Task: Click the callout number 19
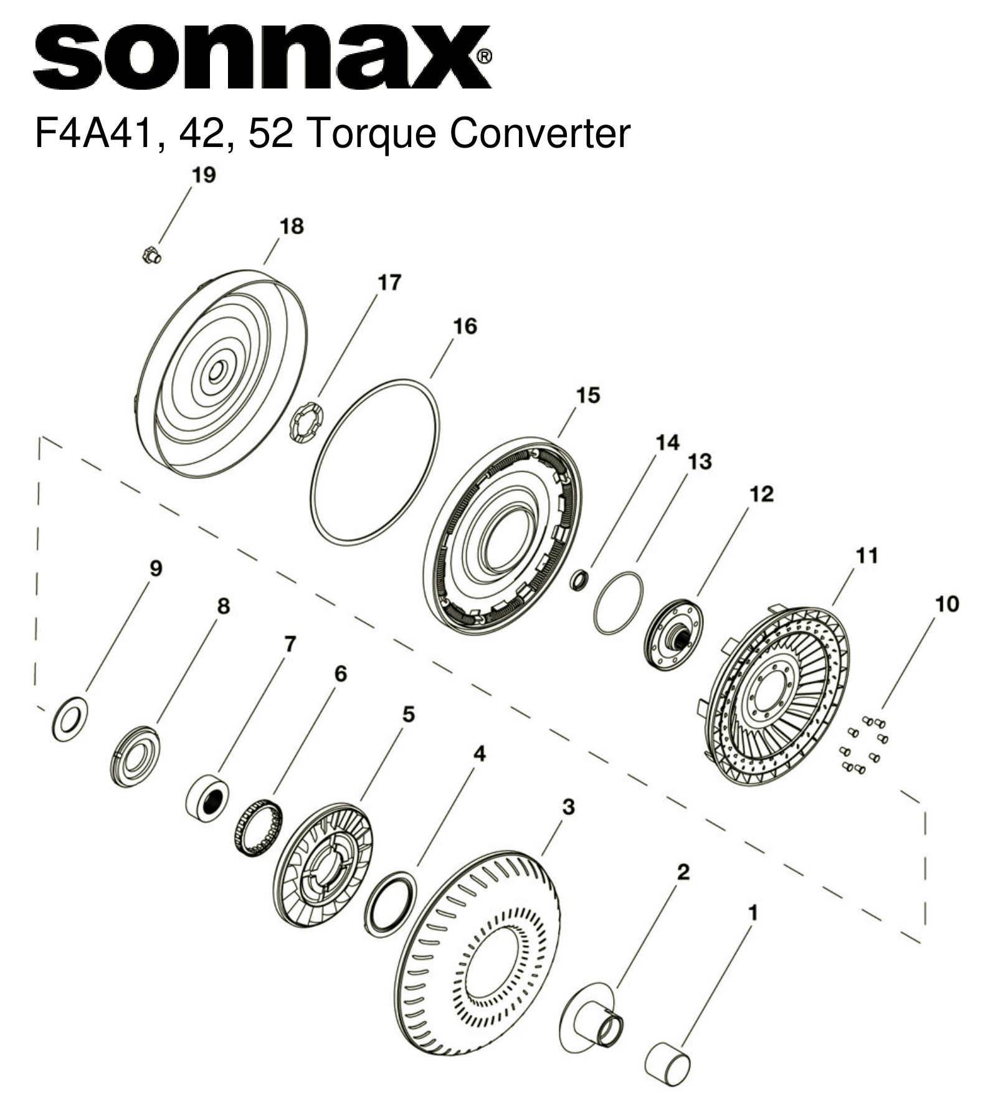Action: (203, 175)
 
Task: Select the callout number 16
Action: (465, 326)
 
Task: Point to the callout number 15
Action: (587, 395)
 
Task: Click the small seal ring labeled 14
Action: (579, 580)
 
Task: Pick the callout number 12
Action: (761, 494)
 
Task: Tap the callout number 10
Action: (947, 604)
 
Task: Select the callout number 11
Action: (867, 555)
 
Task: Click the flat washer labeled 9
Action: (70, 720)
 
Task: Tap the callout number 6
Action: (340, 674)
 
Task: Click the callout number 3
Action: (568, 807)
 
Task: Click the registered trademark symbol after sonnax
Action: (484, 57)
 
